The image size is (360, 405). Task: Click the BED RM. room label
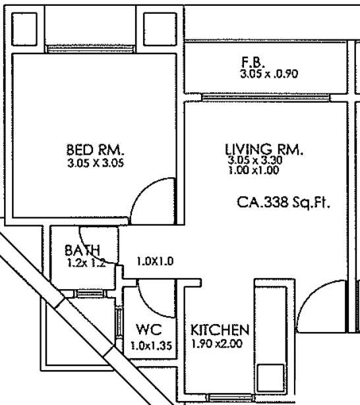pos(95,149)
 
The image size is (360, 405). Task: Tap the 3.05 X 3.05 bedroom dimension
pos(96,163)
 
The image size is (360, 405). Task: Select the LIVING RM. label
pos(264,149)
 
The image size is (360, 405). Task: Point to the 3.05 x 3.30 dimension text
pos(255,160)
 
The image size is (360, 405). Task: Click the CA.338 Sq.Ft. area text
pos(284,202)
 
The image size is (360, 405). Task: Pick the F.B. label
pos(253,63)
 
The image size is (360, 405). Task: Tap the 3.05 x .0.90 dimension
pos(269,74)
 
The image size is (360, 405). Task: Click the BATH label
pos(82,250)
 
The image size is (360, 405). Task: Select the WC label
pos(149,329)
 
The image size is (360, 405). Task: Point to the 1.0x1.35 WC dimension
pos(151,345)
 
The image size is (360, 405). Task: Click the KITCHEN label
pos(220,329)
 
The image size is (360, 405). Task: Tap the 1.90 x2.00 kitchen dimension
pos(217,344)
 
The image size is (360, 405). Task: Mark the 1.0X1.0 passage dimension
pos(155,261)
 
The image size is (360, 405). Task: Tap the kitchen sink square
pos(270,377)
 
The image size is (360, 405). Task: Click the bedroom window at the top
pos(90,49)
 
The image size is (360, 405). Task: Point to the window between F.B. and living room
pos(266,98)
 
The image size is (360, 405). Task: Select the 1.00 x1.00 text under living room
pos(254,171)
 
